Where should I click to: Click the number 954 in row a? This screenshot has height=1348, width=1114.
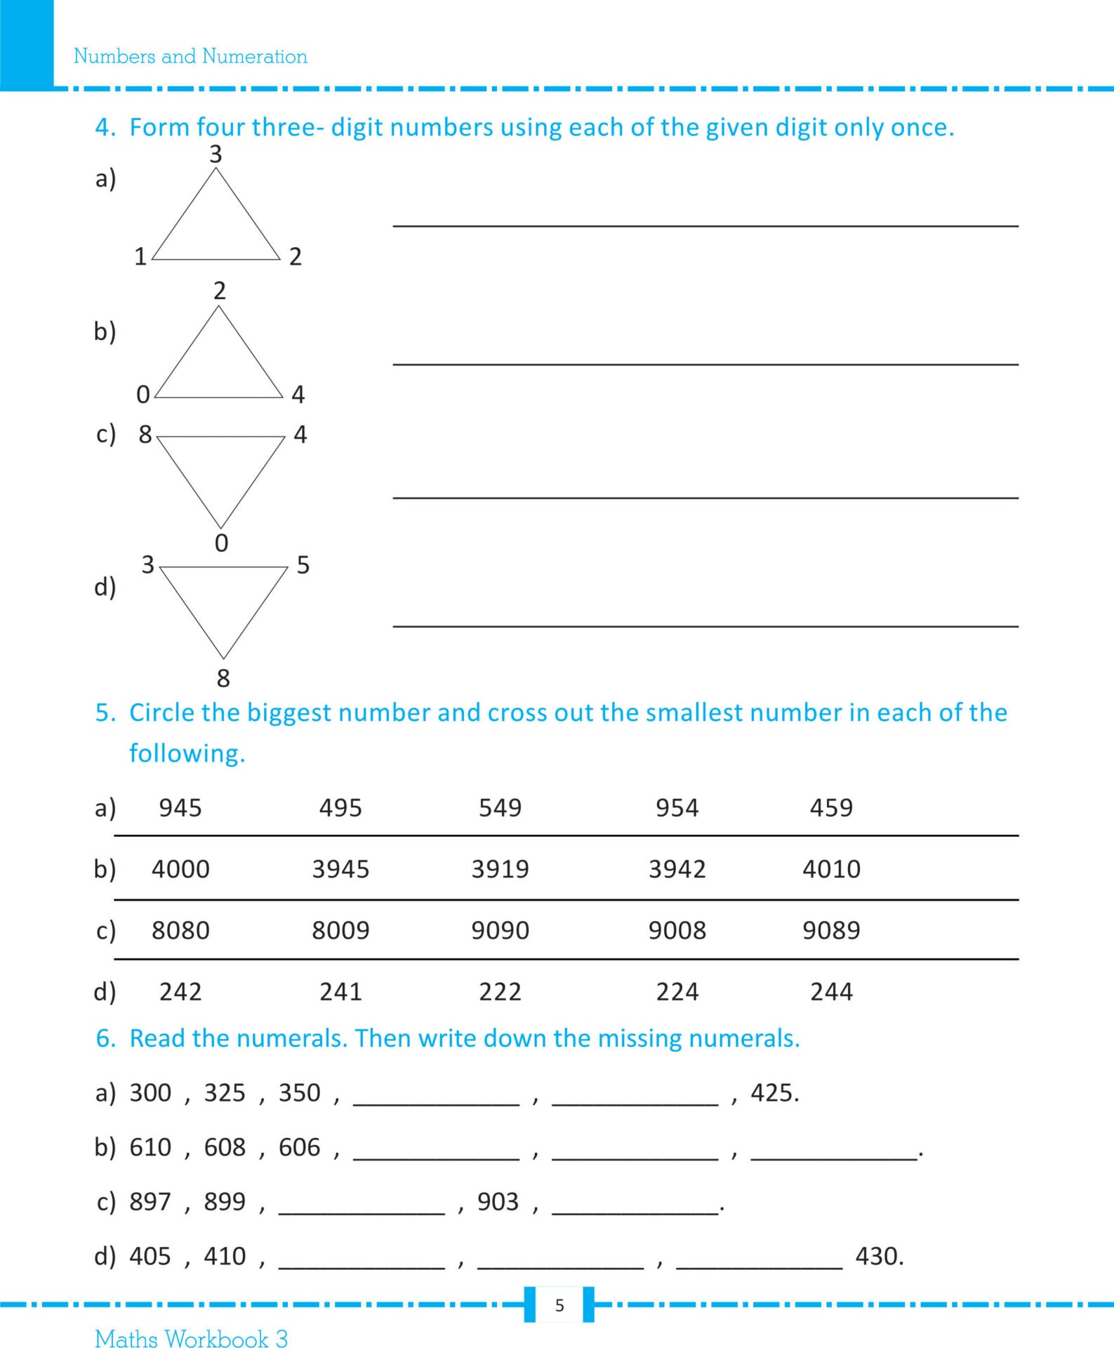[x=677, y=808]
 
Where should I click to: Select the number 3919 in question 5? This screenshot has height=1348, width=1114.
[x=500, y=869]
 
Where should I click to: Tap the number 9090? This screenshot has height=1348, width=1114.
[x=500, y=930]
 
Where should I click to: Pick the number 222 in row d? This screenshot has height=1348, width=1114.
[x=500, y=992]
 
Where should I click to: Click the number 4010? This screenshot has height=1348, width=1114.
[x=831, y=869]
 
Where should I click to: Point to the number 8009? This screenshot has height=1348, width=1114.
[x=340, y=930]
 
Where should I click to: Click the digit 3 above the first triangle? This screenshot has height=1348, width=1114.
[x=216, y=154]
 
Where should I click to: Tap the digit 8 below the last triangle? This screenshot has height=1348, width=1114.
[x=223, y=678]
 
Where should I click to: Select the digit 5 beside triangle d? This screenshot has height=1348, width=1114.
[x=303, y=565]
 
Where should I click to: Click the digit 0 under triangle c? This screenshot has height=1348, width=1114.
[x=221, y=543]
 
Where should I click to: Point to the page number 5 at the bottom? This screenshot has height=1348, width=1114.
[x=559, y=1305]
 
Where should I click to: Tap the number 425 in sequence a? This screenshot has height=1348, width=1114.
[x=774, y=1093]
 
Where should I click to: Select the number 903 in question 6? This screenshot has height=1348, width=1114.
[x=498, y=1202]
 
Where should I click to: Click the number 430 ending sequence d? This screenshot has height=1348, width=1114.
[x=878, y=1256]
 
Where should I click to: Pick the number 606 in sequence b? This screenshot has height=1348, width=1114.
[x=299, y=1147]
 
